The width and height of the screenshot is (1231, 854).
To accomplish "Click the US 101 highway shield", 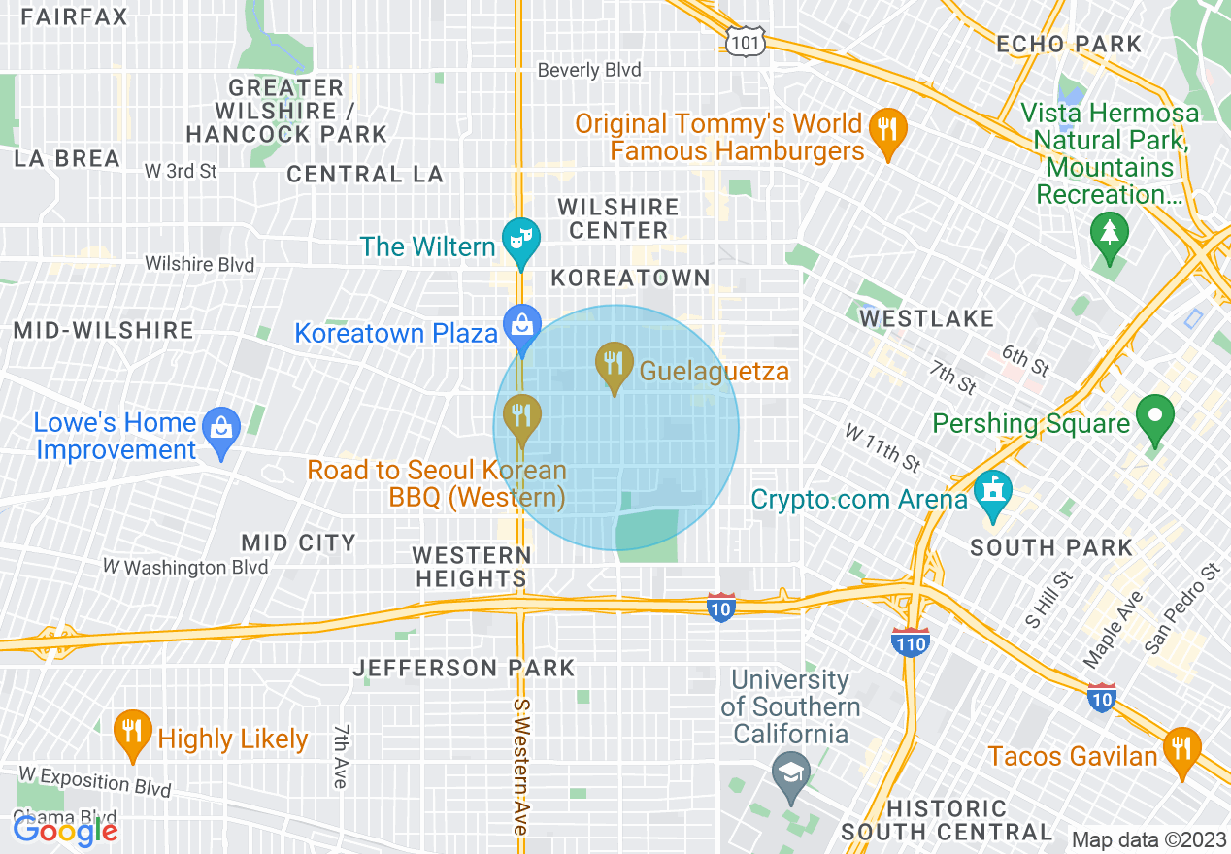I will tap(746, 39).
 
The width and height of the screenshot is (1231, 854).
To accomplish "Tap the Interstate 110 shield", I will tap(911, 641).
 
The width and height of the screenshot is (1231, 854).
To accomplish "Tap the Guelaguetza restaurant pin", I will tap(613, 366).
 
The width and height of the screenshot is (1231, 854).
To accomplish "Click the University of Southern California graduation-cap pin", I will tap(791, 773).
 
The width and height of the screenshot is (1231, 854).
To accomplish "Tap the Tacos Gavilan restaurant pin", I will tap(1181, 750).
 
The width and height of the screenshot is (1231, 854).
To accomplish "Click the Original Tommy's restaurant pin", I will tap(886, 130).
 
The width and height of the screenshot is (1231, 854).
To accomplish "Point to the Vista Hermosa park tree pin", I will tap(1107, 235).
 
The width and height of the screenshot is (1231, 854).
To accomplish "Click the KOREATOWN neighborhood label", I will tap(631, 278).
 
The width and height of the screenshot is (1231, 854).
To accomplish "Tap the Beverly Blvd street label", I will tap(589, 70).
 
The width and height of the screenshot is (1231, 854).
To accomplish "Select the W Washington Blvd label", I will tap(185, 567).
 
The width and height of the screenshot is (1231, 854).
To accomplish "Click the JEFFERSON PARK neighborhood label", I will tap(464, 668).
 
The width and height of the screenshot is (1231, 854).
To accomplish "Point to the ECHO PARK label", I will tap(1069, 44).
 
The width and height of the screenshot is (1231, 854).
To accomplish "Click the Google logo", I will tap(65, 830).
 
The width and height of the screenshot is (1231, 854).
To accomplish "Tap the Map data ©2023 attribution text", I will tap(1148, 839).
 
